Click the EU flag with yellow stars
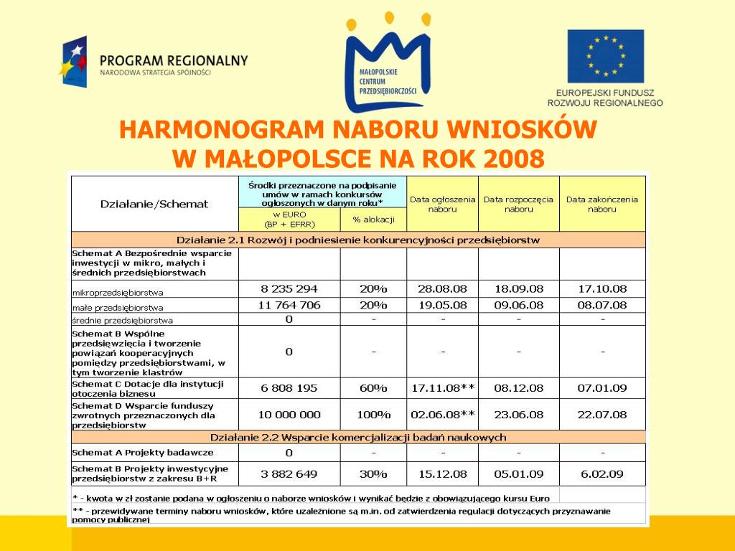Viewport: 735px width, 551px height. click(605, 56)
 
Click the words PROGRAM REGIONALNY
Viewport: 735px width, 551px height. click(174, 61)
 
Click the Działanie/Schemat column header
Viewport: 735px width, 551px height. click(154, 204)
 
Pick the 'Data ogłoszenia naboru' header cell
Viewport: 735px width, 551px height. click(442, 204)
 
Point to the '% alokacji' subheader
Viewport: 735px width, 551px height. click(373, 219)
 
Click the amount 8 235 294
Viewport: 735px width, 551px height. click(289, 289)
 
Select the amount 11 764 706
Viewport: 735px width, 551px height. click(289, 306)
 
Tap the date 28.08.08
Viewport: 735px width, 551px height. click(442, 289)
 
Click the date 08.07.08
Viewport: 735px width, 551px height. click(602, 306)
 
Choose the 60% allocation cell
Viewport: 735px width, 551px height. click(373, 388)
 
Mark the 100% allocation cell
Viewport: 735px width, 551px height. click(373, 415)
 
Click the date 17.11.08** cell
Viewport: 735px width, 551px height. click(442, 388)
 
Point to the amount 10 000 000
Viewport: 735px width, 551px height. click(289, 415)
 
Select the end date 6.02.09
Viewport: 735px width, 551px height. click(602, 474)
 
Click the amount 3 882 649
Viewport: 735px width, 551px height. click(289, 474)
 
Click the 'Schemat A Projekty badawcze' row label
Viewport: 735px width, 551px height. click(143, 453)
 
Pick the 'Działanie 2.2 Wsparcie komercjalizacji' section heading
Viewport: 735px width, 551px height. click(357, 437)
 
